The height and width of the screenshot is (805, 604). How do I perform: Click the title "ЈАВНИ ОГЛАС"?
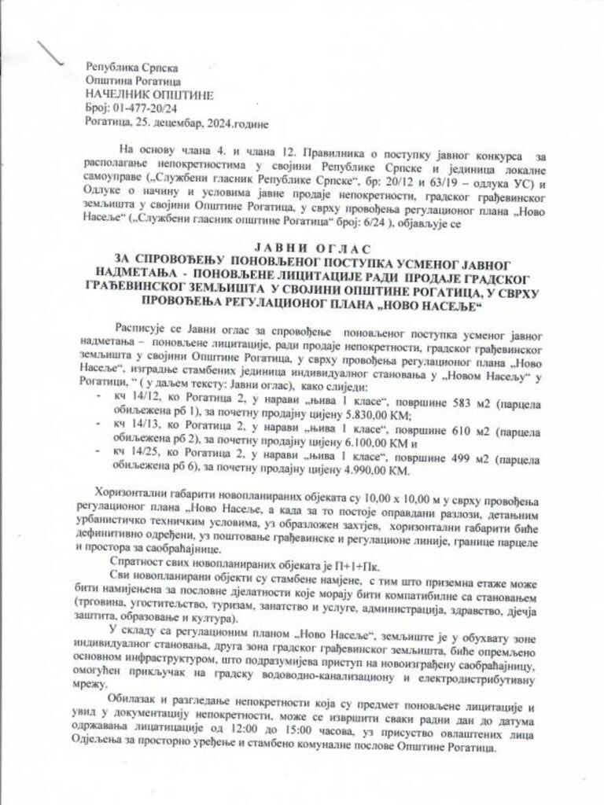tap(303, 245)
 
